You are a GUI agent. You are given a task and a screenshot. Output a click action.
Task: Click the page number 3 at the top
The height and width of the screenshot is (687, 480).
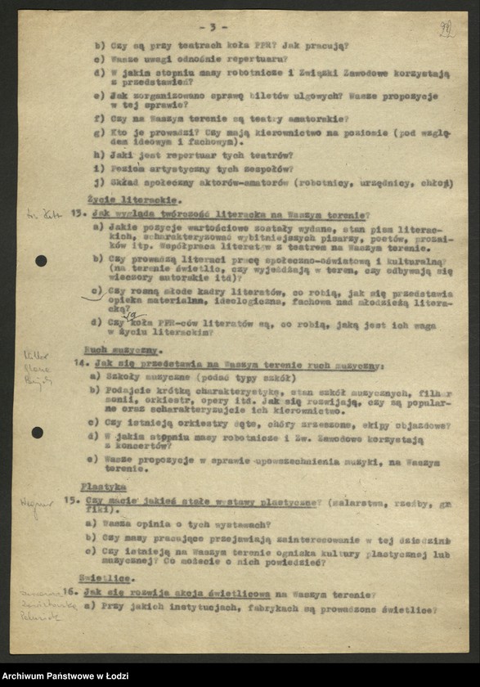213,27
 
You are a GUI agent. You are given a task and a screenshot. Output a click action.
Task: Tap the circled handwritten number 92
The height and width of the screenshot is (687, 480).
446,30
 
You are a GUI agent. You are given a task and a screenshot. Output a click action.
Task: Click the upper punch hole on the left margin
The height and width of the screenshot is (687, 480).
41,261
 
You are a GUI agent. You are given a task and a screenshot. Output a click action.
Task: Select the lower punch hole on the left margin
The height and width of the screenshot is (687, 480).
38,433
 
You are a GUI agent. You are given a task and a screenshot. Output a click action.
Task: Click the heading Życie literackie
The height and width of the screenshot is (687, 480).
123,200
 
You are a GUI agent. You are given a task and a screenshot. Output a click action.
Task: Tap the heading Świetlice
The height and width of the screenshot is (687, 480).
106,577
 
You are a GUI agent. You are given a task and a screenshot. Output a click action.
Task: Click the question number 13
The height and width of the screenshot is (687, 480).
79,213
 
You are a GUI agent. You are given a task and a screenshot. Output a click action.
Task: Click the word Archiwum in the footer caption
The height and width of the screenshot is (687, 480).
26,676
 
